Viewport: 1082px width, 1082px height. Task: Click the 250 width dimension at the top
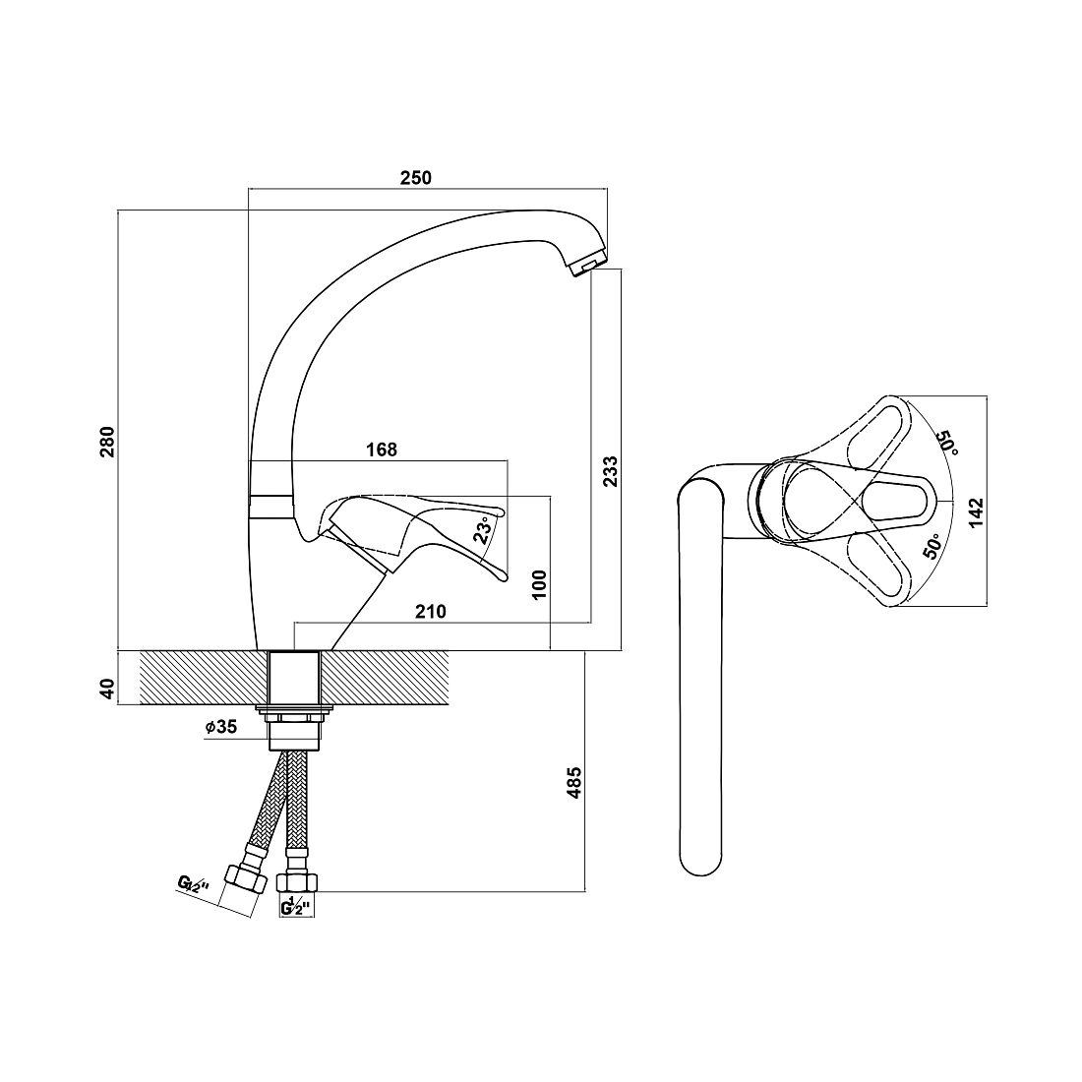[x=415, y=177]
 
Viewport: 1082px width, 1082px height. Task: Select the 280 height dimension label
[x=107, y=442]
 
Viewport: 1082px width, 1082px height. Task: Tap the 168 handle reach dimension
[x=382, y=450]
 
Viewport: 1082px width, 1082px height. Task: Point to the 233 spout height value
[x=611, y=471]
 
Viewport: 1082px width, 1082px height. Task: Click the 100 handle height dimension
[x=540, y=584]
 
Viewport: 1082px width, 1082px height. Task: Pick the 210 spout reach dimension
[x=431, y=612]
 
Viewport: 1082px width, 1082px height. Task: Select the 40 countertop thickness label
[x=107, y=688]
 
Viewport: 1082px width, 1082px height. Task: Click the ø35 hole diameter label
[x=220, y=727]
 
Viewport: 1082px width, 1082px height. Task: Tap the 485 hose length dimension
[x=574, y=783]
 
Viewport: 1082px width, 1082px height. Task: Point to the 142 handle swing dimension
[x=976, y=513]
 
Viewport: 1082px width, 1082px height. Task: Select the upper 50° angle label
[x=947, y=443]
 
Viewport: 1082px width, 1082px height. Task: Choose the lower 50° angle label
[x=932, y=546]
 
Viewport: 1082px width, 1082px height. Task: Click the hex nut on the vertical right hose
[x=297, y=882]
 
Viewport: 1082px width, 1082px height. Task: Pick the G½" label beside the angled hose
[x=193, y=884]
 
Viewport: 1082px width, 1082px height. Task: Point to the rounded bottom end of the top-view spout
[x=701, y=863]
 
